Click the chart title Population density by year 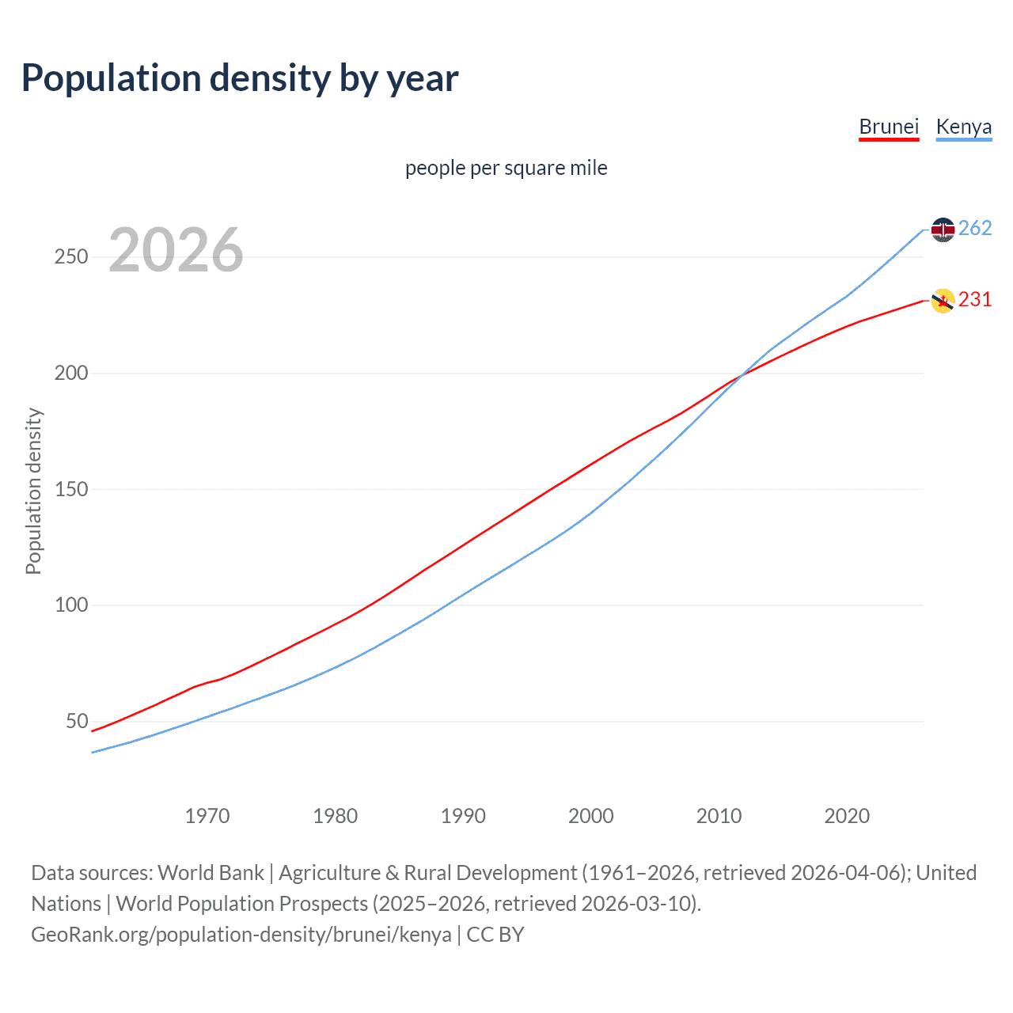coord(240,78)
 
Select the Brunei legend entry coord(889,127)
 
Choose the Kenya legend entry coord(963,127)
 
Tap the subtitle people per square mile coord(506,168)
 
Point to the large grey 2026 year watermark coord(176,250)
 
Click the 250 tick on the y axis coord(70,257)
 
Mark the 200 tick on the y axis coord(70,373)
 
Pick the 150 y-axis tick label coord(70,489)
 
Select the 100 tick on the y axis coord(70,605)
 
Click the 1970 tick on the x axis coord(207,816)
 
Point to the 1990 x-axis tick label coord(463,816)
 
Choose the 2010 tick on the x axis coord(719,816)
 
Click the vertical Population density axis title coord(33,491)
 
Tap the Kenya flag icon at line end coord(943,230)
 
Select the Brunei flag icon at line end coord(943,301)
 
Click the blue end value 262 coord(975,229)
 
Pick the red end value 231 coord(975,300)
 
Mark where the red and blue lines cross coord(741,376)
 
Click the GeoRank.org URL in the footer coord(241,935)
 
